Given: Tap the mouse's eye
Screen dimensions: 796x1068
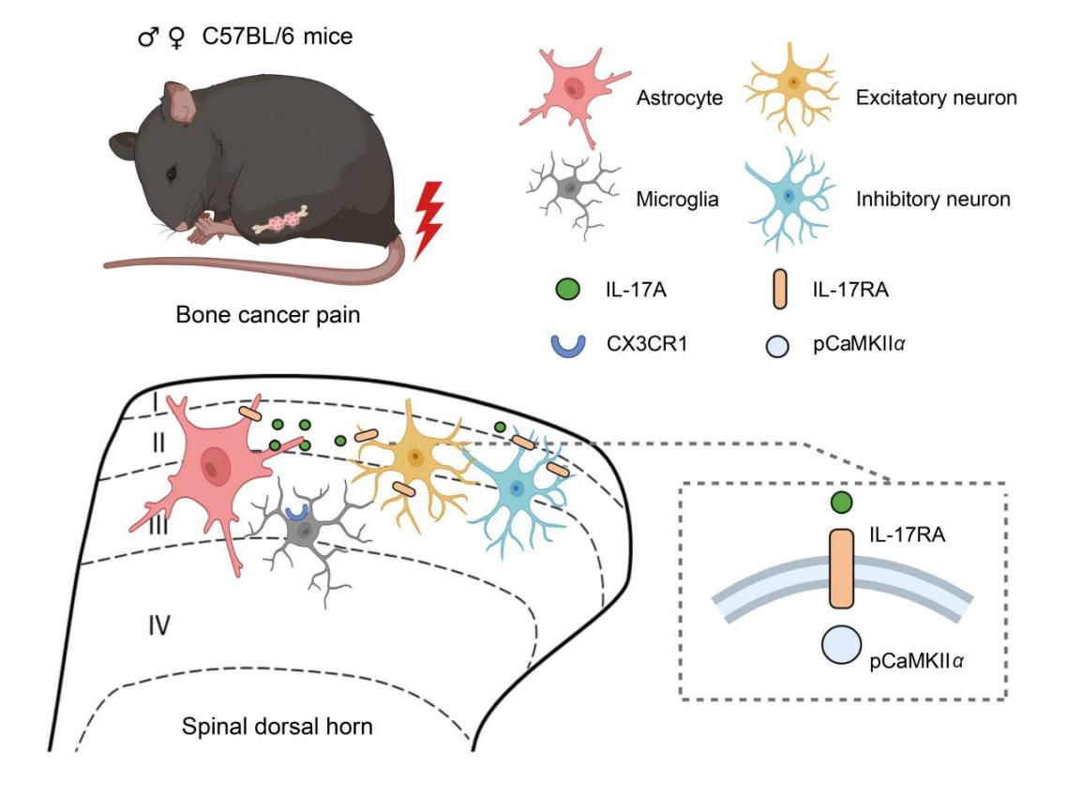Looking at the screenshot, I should click(x=172, y=174).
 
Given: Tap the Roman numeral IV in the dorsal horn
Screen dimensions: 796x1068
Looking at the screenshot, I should click(x=159, y=623).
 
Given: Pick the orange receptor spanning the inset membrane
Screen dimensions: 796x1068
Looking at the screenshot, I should click(x=843, y=569).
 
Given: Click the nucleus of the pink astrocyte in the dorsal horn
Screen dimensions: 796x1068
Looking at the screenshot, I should click(x=218, y=462).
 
